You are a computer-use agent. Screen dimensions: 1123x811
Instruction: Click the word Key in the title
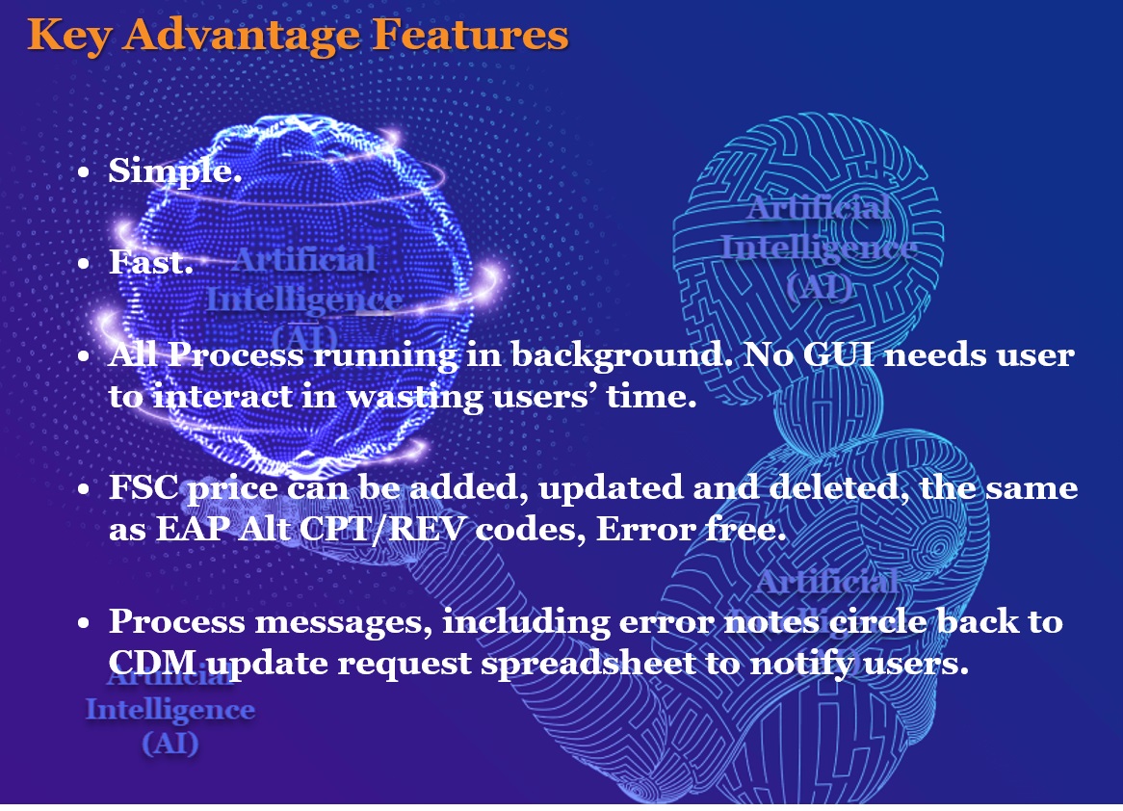point(68,36)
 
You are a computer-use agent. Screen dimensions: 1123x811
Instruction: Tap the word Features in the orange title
point(471,34)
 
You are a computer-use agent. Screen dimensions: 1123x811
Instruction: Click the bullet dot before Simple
point(84,172)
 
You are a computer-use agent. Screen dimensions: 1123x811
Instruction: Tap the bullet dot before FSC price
point(84,488)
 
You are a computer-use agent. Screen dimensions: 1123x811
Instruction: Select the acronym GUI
point(838,354)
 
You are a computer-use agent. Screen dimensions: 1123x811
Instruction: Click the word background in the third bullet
point(616,356)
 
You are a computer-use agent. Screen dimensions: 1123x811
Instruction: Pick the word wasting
point(415,398)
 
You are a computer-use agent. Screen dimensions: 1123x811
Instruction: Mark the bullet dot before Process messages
point(84,622)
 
